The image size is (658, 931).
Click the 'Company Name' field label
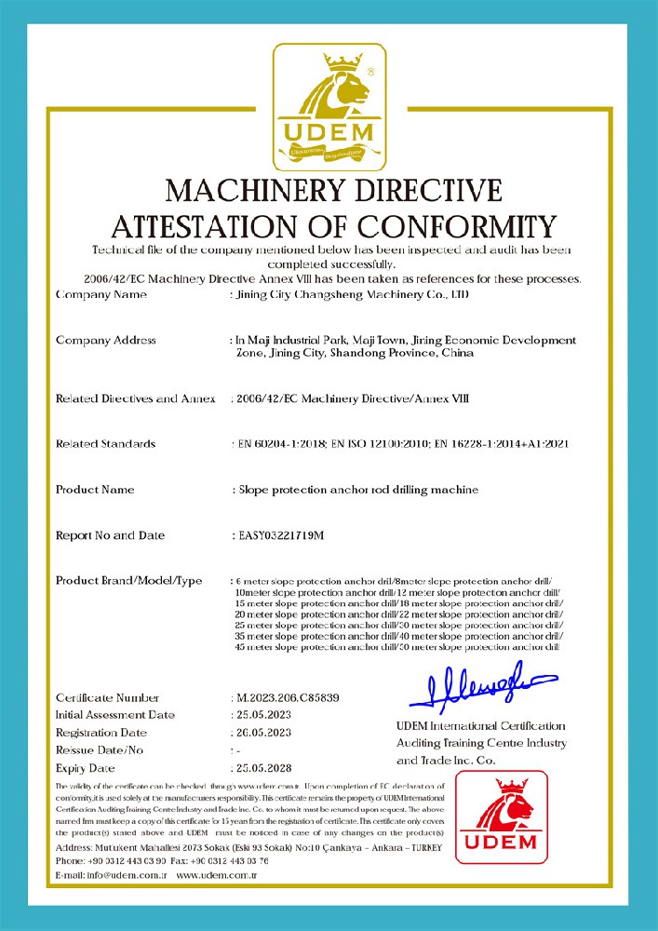101,294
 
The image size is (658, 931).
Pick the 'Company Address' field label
106,340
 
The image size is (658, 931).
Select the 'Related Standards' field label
105,444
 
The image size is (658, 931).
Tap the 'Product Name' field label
95,489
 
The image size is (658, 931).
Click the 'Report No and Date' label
110,535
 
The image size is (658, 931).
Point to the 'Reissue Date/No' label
101,750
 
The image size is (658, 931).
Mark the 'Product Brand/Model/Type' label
128,581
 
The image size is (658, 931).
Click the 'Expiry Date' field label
86,768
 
